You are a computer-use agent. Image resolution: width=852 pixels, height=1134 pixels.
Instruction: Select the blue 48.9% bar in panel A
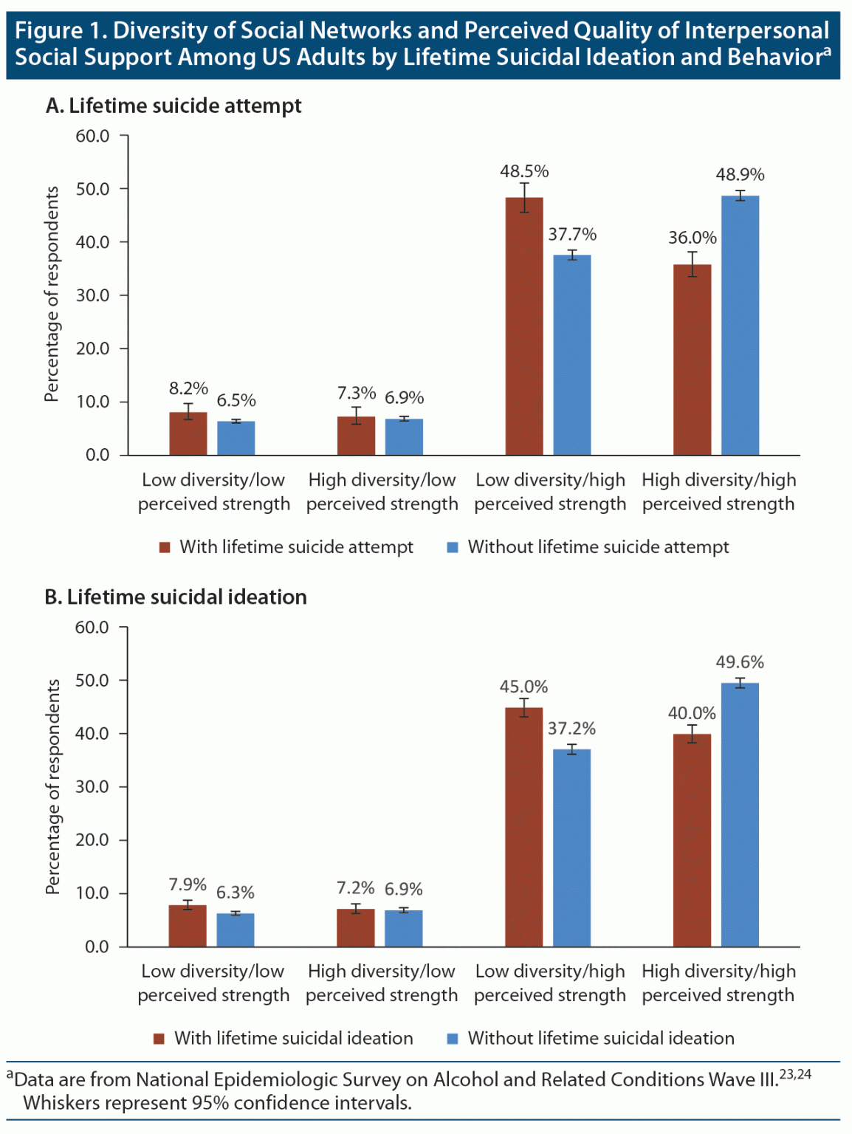tap(740, 325)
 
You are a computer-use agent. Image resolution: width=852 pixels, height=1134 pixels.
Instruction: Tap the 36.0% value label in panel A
tap(693, 238)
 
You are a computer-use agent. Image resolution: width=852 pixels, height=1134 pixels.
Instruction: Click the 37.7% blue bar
tap(572, 354)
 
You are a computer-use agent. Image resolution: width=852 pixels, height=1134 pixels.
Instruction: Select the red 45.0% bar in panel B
tap(524, 827)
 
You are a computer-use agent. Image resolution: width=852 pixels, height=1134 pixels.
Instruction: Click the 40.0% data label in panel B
tap(692, 713)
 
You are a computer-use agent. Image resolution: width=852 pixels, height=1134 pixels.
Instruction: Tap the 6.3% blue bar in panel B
tap(236, 929)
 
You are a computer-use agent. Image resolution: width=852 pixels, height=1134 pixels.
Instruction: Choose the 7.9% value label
tap(188, 884)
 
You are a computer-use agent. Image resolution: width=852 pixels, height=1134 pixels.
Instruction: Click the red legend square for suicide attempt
tap(165, 547)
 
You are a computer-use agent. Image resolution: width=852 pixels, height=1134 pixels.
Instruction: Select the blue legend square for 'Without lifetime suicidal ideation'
tap(453, 1038)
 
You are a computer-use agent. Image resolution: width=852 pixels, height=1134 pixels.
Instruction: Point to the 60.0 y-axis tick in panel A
tap(93, 136)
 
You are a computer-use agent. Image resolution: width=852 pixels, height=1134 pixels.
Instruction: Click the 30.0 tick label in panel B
tap(92, 787)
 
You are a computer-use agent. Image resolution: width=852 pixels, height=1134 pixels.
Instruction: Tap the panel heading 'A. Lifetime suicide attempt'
tap(174, 106)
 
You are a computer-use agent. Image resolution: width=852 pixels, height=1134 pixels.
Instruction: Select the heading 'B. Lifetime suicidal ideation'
tap(176, 597)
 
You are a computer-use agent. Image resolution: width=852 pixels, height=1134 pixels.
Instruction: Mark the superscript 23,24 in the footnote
tap(796, 1074)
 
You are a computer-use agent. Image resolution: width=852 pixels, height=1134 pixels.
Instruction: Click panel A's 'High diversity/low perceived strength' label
tap(382, 492)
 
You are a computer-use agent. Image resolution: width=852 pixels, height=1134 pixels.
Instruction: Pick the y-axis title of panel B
tap(52, 787)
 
